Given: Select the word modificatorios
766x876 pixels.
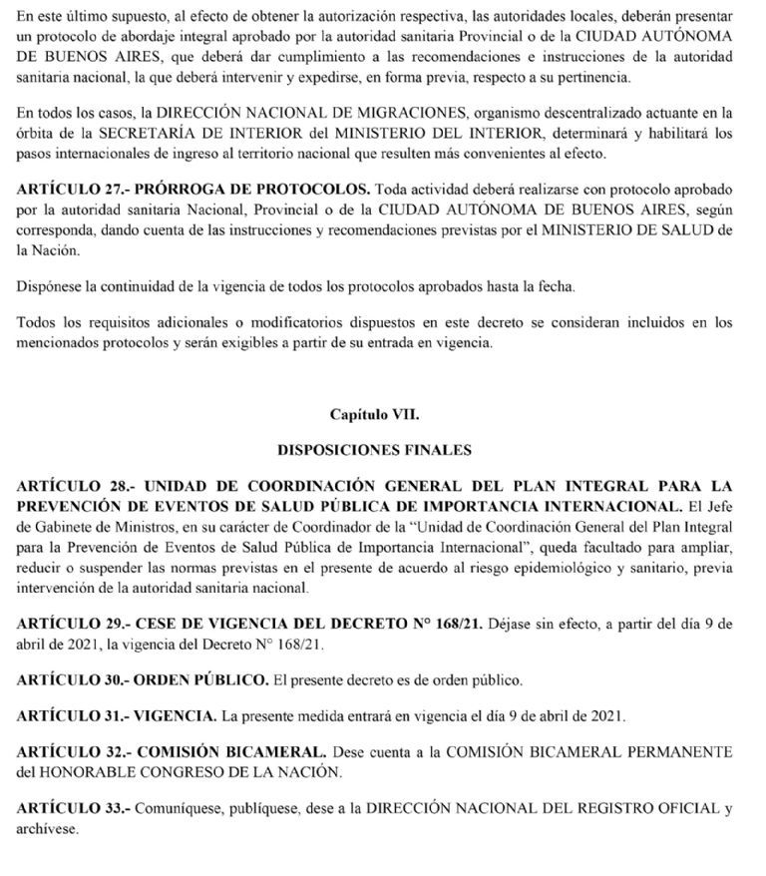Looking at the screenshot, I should click(x=280, y=322).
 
